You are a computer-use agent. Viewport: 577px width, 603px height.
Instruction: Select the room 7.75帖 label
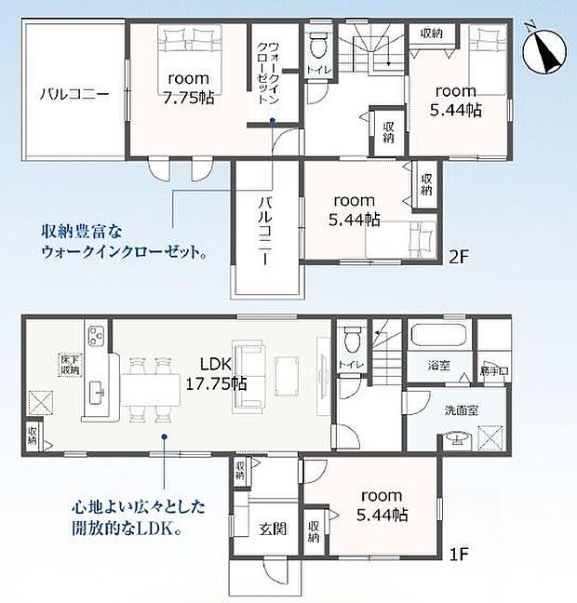pos(190,88)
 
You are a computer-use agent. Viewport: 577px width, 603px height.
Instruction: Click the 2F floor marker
pos(457,254)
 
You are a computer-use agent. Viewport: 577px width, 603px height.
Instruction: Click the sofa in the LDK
pos(249,376)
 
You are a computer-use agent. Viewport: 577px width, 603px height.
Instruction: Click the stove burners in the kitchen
pos(97,333)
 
